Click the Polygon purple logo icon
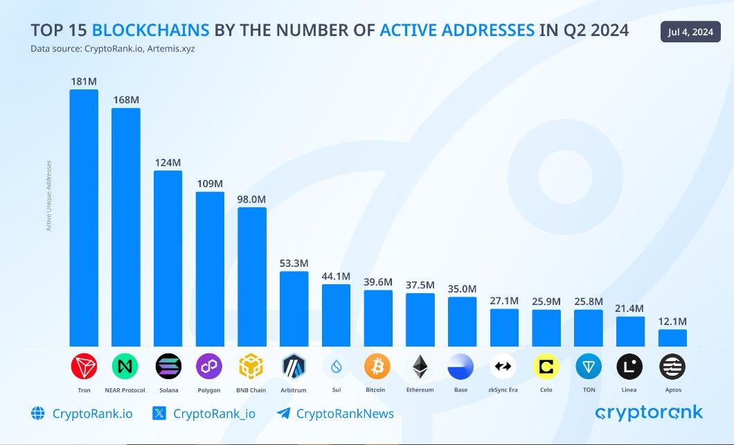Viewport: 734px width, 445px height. (x=209, y=366)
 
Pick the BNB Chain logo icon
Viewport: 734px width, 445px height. (x=251, y=366)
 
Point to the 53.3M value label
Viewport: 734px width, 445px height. (x=294, y=263)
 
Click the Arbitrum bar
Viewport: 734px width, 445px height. (x=294, y=308)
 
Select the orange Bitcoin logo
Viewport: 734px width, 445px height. (x=377, y=366)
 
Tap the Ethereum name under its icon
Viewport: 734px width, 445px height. (x=420, y=390)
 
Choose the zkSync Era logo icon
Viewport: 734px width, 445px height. (x=503, y=366)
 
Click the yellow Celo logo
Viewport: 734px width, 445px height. (x=546, y=366)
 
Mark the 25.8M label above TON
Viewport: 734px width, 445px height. (x=588, y=302)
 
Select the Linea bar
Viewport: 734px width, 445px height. (x=630, y=331)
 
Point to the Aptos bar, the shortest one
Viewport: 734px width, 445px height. (x=672, y=338)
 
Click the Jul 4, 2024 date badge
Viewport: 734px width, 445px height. (x=690, y=32)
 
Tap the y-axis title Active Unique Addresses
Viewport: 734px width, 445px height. (x=49, y=195)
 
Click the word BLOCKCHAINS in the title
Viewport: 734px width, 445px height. (x=150, y=30)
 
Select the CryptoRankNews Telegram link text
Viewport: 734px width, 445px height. (x=345, y=414)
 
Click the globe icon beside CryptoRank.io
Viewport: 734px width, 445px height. (x=38, y=414)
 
